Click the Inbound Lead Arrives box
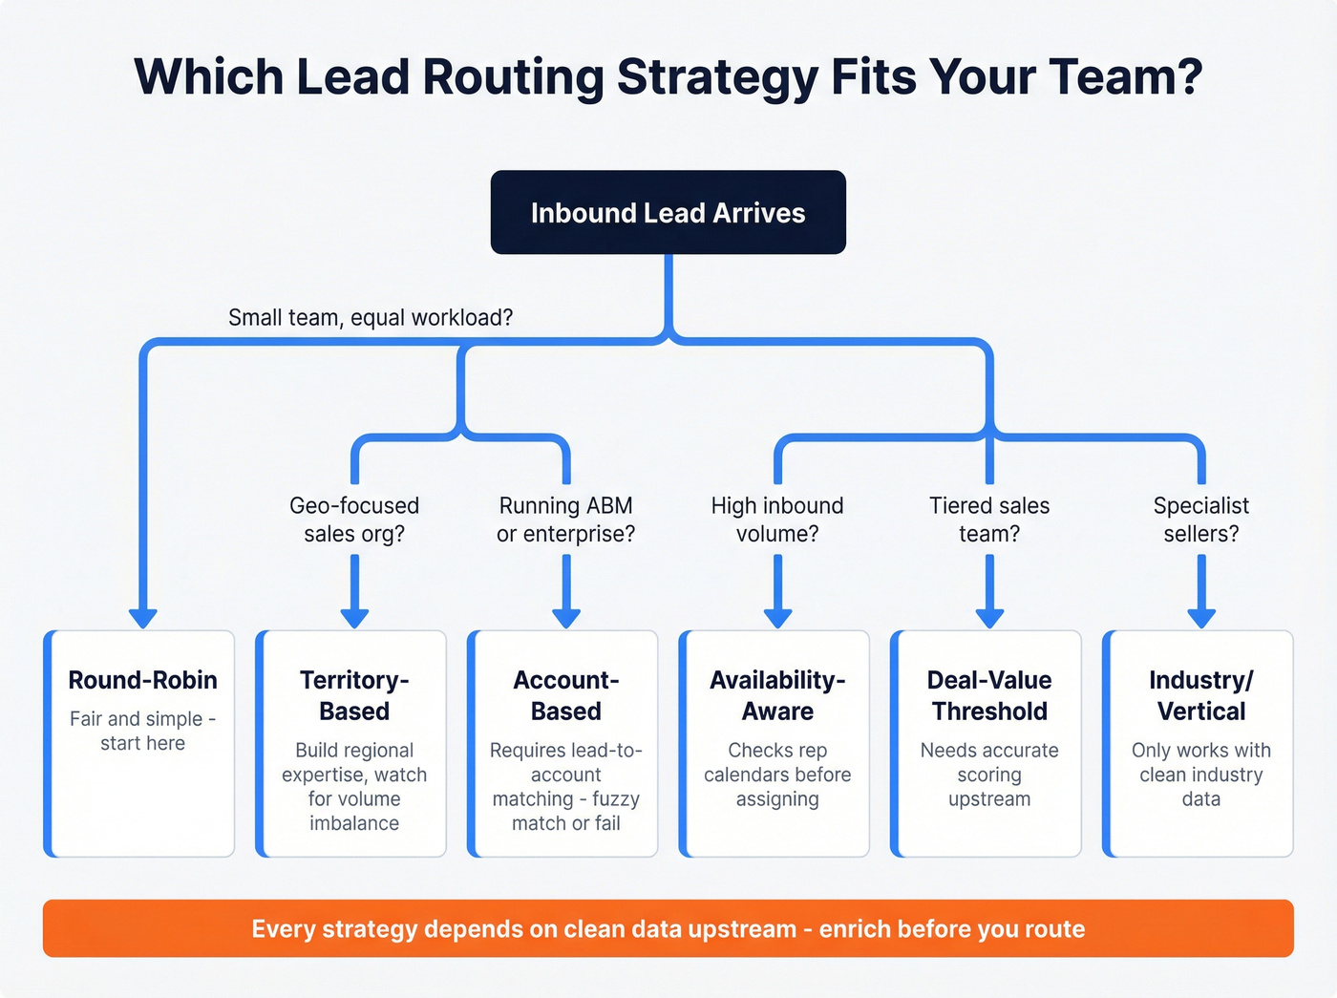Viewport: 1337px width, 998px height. [668, 212]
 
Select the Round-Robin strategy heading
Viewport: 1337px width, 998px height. [143, 680]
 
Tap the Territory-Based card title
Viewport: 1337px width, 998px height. [354, 695]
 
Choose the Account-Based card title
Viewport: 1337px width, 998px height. [566, 695]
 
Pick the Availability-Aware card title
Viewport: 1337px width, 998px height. [777, 695]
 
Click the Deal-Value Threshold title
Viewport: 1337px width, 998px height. [989, 695]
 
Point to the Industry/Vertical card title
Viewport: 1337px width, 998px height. [1201, 695]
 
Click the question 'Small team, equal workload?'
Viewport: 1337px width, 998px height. [371, 317]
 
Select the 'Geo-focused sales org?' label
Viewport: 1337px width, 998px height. [354, 520]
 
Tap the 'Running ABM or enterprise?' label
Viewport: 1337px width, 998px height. [566, 520]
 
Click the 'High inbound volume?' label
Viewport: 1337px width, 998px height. [777, 520]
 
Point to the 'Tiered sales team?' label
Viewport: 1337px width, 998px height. [989, 520]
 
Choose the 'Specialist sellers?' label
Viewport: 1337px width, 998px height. [1201, 520]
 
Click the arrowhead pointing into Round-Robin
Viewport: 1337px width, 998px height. [143, 617]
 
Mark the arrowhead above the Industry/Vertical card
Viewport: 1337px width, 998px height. [1201, 617]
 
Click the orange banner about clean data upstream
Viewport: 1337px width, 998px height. [668, 928]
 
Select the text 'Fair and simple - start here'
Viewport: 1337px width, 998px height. [143, 731]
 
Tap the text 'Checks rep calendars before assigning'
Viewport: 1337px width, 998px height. [777, 775]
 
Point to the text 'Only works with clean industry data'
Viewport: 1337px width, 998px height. [1201, 775]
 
